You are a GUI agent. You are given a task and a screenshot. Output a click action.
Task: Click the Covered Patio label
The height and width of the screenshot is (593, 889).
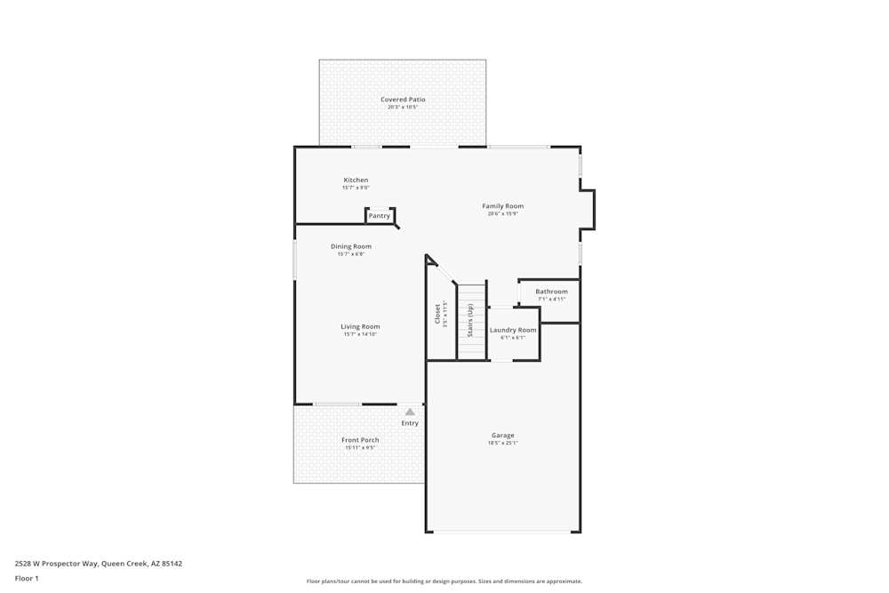click(403, 100)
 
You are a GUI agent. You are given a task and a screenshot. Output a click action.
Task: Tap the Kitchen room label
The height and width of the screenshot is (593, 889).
click(356, 180)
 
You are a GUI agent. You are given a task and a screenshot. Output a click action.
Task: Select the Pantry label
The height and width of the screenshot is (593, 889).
click(380, 216)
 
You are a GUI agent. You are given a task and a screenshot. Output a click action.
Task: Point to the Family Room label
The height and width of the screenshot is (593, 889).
click(502, 206)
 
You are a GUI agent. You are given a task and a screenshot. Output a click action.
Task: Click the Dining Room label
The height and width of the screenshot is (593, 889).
click(351, 246)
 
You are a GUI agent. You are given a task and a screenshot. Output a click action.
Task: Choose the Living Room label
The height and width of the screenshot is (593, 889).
click(360, 326)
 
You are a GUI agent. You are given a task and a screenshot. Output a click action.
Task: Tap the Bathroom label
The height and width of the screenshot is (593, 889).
click(551, 292)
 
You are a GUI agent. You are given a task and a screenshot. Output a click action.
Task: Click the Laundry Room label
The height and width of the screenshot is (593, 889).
click(513, 330)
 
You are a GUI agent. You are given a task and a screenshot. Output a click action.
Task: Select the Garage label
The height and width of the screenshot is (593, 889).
click(502, 436)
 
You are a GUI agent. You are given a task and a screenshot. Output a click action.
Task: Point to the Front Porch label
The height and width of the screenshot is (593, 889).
click(360, 440)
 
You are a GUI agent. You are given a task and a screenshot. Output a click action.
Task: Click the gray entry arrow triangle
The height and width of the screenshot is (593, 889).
click(410, 413)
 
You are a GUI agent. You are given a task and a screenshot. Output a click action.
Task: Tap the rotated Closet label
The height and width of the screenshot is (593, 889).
click(437, 314)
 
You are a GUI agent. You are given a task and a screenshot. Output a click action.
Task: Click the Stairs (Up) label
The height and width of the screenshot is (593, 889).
click(470, 320)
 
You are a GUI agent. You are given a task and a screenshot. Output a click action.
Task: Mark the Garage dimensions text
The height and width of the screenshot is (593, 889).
click(502, 443)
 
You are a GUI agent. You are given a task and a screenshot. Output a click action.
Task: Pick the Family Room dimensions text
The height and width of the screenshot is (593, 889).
click(502, 213)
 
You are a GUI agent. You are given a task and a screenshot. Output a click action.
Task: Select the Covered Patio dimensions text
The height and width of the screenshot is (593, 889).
click(403, 107)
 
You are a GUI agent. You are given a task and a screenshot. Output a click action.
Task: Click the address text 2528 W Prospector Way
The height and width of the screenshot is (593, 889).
click(99, 563)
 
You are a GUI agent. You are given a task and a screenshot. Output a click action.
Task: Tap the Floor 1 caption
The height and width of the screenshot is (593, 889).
click(27, 578)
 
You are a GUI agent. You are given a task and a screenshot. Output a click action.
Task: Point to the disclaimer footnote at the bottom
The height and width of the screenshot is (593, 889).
click(444, 581)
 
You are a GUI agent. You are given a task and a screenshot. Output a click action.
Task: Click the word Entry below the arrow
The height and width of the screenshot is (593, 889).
click(410, 423)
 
